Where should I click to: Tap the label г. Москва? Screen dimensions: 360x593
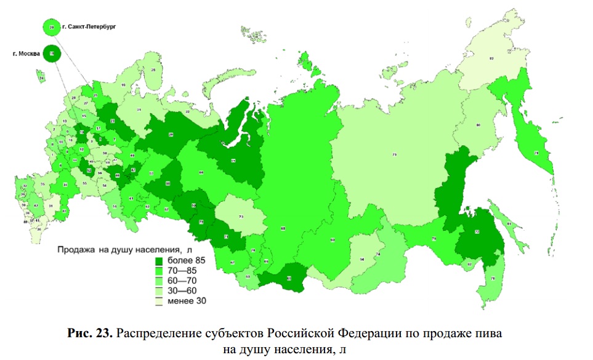point(26,54)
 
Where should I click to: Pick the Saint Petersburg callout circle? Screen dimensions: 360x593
point(52,26)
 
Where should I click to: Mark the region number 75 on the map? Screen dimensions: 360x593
point(395,154)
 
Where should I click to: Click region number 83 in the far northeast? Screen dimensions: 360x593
point(491,58)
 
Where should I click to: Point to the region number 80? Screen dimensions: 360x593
point(478,126)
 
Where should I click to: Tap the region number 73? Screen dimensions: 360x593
point(241,217)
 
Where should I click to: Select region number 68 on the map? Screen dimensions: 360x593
point(283,228)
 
